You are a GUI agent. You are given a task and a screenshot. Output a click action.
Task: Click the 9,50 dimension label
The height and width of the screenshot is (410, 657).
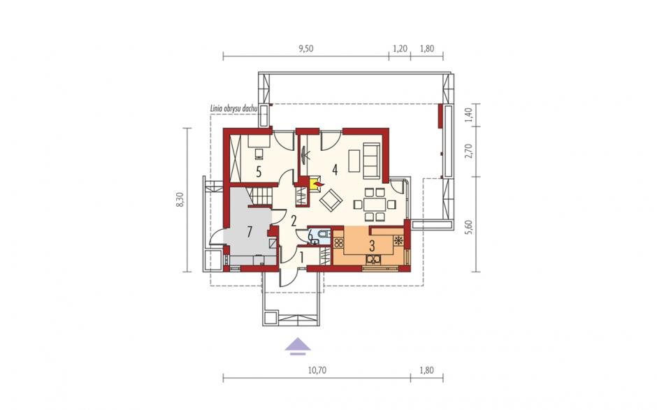click(x=306, y=49)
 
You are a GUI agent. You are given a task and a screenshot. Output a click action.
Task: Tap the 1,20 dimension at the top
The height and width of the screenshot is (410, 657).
click(x=400, y=49)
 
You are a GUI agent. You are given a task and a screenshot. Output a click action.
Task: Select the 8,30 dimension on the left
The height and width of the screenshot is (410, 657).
click(x=180, y=199)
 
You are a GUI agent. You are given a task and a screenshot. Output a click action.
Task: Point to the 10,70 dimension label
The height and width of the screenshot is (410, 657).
click(x=317, y=370)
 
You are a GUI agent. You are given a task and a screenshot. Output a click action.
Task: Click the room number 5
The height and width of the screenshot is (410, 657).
click(x=259, y=172)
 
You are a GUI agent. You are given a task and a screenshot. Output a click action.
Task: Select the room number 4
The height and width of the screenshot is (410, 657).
click(x=334, y=169)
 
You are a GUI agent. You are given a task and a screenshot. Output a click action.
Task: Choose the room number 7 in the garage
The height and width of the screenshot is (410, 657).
click(x=250, y=232)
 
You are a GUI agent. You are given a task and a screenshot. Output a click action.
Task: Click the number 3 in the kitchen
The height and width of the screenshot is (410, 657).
click(x=371, y=245)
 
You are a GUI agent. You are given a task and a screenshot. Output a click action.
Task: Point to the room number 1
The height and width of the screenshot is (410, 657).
click(x=302, y=257)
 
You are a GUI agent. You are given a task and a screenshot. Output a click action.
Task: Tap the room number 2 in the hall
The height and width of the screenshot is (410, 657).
click(x=294, y=220)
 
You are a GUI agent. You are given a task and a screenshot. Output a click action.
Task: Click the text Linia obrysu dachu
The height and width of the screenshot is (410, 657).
click(x=233, y=108)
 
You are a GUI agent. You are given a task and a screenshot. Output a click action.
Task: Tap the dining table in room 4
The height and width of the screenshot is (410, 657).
click(x=375, y=205)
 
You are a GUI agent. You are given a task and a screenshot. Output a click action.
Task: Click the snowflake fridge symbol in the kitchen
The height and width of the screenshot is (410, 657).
click(x=398, y=241)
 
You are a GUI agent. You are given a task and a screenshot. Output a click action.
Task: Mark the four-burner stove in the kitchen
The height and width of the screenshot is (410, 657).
click(x=338, y=242)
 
